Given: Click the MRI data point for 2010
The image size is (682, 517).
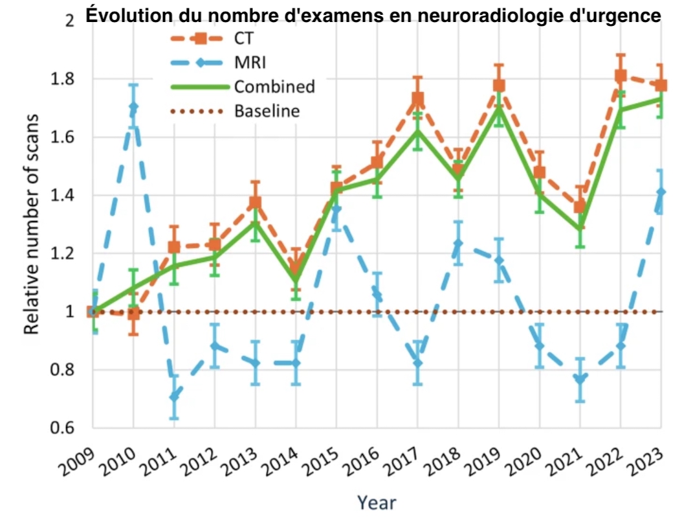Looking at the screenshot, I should tap(133, 107).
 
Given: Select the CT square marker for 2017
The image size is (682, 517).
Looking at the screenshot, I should tap(417, 100).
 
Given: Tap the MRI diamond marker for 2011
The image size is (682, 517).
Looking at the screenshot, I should tap(174, 396).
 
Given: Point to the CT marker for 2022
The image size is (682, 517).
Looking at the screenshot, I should tap(621, 76).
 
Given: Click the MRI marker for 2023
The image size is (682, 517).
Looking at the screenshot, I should tap(661, 192).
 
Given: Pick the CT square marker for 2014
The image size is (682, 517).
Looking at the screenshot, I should tap(296, 268).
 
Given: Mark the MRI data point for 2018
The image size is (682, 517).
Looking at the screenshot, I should tap(458, 244).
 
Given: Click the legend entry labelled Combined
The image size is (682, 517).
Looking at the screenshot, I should tap(274, 87).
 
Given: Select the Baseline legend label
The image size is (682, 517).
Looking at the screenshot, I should tap(267, 111).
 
